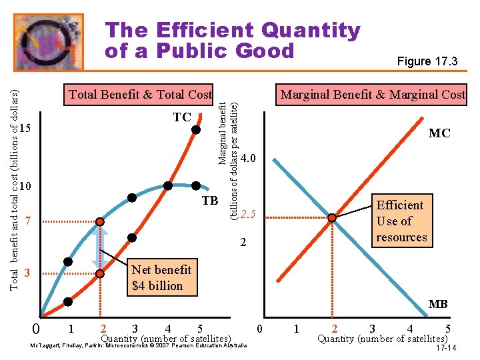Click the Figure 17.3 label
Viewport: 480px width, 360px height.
[x=427, y=61]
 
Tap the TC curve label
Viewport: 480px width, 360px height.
[x=182, y=117]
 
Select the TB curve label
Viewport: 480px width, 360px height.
[x=210, y=201]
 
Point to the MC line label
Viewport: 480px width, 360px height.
[x=439, y=133]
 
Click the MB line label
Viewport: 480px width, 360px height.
[x=438, y=304]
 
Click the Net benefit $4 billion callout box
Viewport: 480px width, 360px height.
[x=162, y=277]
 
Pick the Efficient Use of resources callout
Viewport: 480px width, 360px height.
[x=402, y=221]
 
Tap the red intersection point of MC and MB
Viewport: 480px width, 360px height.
[x=332, y=217]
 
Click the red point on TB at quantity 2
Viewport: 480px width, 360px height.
[x=100, y=221]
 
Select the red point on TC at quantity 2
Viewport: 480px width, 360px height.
[x=100, y=274]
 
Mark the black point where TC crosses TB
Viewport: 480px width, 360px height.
[x=168, y=186]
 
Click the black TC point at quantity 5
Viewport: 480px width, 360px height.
[x=196, y=130]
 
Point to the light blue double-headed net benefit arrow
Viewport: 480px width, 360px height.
[x=100, y=247]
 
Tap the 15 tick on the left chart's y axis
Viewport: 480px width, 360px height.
[x=25, y=128]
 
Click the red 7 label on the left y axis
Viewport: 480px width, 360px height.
[x=28, y=221]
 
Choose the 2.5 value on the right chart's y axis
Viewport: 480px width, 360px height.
[x=247, y=214]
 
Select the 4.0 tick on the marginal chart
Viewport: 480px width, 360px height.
[x=247, y=158]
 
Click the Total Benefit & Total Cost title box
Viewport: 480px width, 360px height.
[x=139, y=95]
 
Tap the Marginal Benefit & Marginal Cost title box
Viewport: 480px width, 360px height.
[x=371, y=95]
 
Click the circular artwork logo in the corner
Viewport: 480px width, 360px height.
[x=49, y=42]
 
